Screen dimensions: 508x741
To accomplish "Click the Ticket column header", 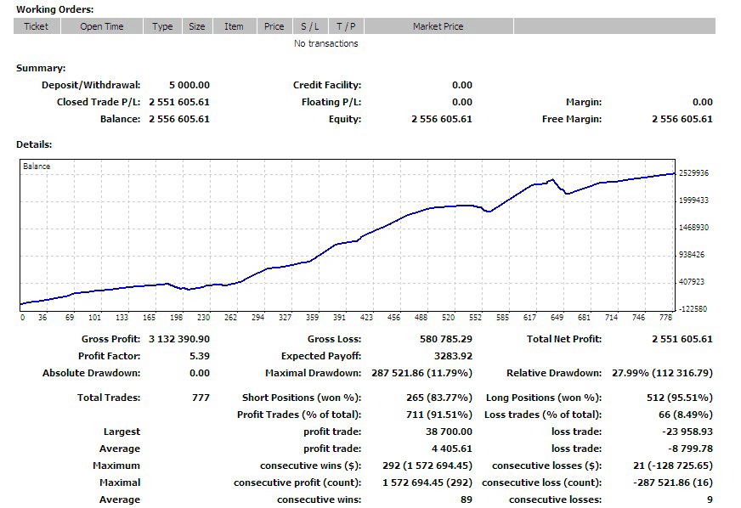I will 36,26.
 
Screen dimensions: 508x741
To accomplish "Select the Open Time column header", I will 102,26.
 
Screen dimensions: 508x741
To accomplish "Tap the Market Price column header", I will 438,26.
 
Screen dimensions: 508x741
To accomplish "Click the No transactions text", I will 326,43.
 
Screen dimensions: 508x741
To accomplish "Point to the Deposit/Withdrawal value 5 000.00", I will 189,85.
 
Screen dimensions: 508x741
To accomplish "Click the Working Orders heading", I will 55,9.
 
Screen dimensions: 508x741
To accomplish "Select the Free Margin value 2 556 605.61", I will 682,119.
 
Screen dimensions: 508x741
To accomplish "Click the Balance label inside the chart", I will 37,167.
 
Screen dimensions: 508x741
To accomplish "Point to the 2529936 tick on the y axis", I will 693,173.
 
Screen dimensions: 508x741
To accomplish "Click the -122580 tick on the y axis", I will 693,309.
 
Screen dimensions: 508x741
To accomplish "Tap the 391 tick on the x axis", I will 339,318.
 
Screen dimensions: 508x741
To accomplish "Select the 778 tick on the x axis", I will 665,318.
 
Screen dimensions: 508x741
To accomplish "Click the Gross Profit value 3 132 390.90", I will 178,339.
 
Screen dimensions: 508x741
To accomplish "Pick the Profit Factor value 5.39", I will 199,356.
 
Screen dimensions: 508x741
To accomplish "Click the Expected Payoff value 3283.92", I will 454,356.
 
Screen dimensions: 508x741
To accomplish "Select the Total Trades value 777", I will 201,398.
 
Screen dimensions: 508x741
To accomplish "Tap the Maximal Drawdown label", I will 313,373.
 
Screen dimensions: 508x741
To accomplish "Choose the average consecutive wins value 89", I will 466,500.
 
